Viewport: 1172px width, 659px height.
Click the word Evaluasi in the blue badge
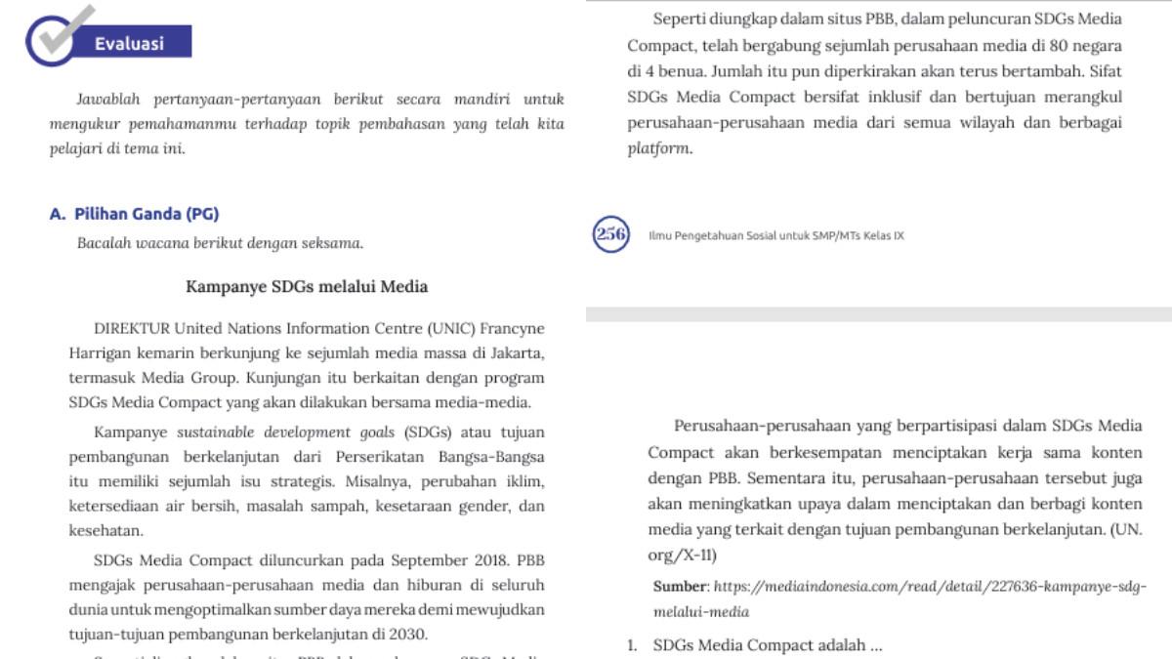pos(129,43)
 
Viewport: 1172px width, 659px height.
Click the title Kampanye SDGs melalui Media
pos(307,286)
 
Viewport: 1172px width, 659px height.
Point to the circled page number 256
pos(610,234)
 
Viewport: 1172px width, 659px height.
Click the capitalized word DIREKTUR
pos(132,328)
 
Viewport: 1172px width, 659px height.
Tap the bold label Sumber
pos(679,587)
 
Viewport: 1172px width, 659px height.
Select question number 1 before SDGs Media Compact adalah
pos(632,645)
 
